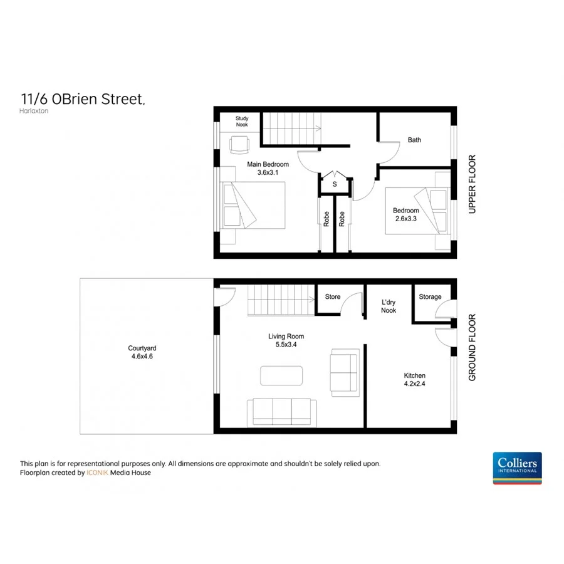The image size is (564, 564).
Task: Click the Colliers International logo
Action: [517, 467]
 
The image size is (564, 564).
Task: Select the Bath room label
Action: [414, 140]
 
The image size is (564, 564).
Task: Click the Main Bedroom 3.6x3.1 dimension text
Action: [268, 172]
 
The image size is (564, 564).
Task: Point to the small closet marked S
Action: [335, 184]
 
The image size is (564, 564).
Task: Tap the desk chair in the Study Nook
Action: [239, 145]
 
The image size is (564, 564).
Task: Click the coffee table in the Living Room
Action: [281, 375]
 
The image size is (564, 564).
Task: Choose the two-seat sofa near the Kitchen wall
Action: [344, 372]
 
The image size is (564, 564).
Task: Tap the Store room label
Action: [333, 296]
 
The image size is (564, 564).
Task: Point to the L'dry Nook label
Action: [389, 306]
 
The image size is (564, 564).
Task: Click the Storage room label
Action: [430, 297]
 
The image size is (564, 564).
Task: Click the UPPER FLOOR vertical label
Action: [473, 185]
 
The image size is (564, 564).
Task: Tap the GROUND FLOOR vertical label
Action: [473, 347]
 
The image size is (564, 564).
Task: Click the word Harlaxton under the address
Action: [34, 111]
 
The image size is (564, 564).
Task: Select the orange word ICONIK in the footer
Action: [97, 473]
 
